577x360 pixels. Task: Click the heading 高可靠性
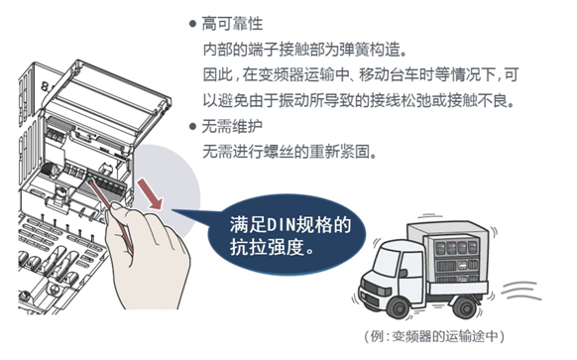[x=232, y=24]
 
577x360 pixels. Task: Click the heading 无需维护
[x=232, y=126]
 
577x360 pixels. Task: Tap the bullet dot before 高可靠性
[x=192, y=24]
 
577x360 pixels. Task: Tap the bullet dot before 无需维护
[x=192, y=127]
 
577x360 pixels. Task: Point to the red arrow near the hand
[x=150, y=194]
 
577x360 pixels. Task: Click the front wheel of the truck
[x=399, y=307]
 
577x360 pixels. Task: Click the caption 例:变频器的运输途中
[x=434, y=336]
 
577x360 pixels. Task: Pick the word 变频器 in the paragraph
[x=281, y=74]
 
